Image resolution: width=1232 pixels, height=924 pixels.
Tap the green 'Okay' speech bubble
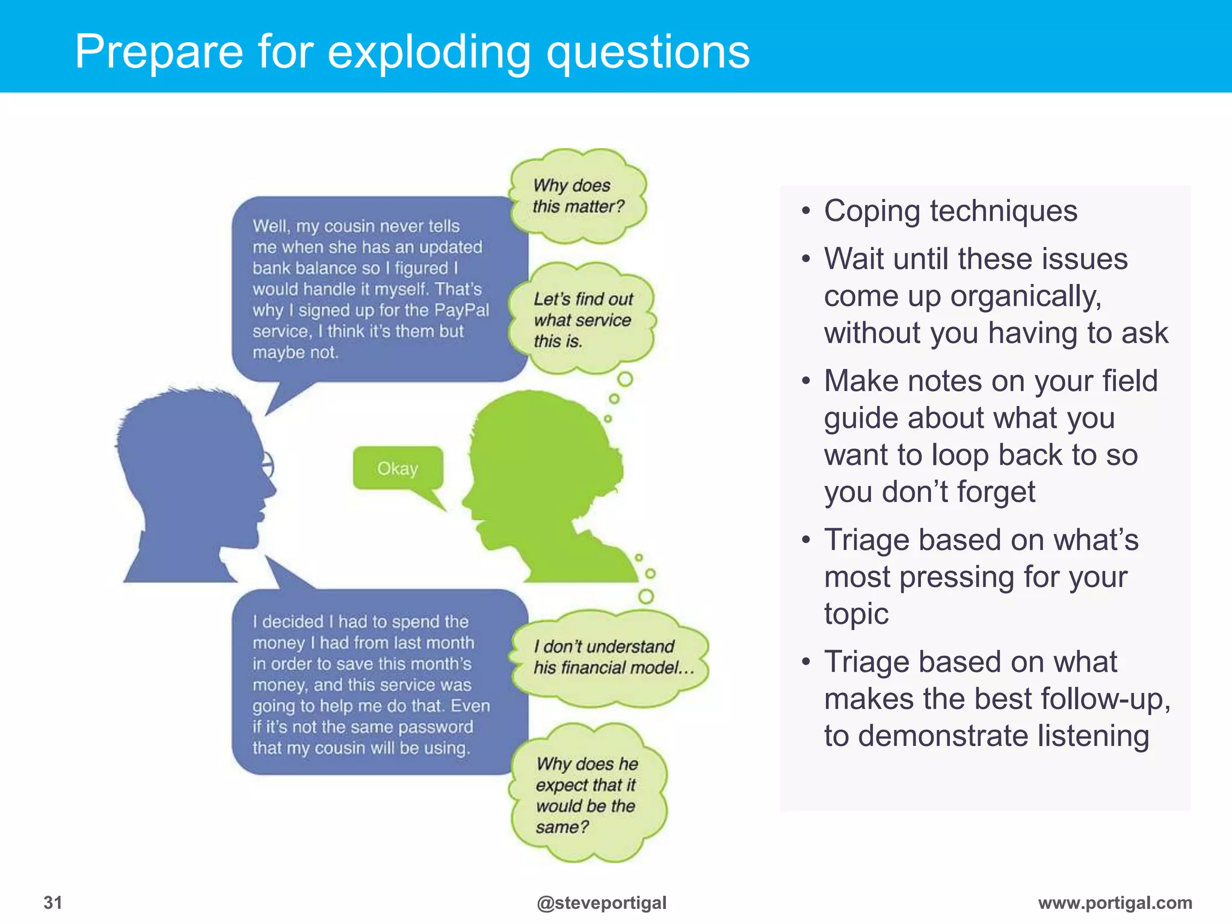[398, 468]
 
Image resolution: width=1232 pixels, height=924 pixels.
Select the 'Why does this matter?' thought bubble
[578, 196]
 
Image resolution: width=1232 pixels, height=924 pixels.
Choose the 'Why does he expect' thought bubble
[587, 794]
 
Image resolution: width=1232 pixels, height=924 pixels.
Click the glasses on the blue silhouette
[266, 464]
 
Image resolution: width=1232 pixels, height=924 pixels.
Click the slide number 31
[53, 902]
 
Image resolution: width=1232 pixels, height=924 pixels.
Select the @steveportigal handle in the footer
[602, 902]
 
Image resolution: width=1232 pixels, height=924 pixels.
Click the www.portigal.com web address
[1115, 902]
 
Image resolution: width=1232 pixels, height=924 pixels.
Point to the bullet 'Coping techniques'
[950, 211]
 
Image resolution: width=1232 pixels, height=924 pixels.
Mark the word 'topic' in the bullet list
[856, 614]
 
